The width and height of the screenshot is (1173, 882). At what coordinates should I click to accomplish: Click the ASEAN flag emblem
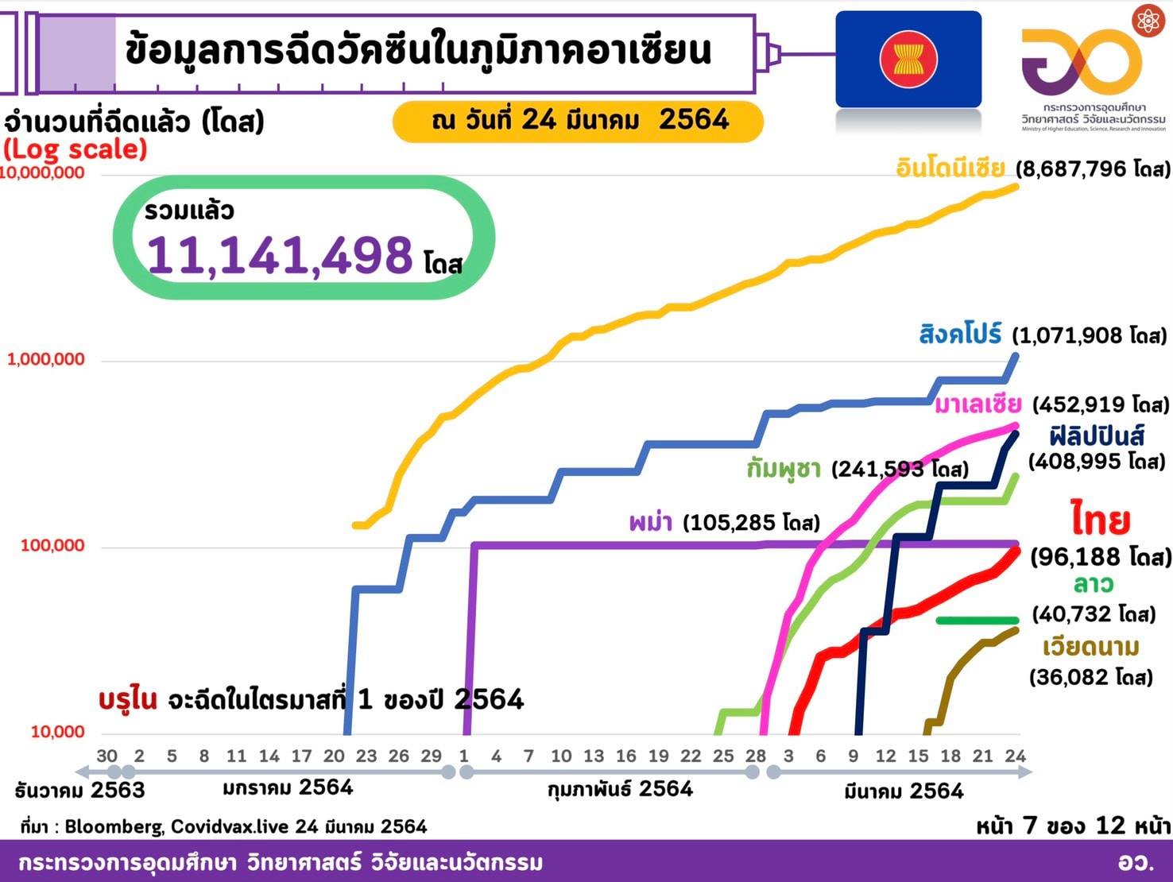(x=908, y=60)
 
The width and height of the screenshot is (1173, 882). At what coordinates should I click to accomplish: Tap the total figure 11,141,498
(x=280, y=255)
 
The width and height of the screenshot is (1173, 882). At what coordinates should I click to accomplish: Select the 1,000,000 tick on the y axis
(x=46, y=359)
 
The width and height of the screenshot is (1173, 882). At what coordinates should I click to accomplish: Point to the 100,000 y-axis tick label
(x=52, y=546)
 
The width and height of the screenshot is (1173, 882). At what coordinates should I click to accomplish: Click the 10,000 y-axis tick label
(x=57, y=732)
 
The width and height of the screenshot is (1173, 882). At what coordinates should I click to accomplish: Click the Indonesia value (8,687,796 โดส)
(x=1093, y=169)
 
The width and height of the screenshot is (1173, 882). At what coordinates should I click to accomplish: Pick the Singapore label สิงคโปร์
(x=960, y=334)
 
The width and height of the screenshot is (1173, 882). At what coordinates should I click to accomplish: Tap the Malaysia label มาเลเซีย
(x=977, y=404)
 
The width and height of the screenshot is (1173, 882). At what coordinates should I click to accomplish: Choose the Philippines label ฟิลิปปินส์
(x=1096, y=435)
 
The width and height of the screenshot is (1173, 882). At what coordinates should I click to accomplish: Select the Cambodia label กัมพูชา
(x=784, y=469)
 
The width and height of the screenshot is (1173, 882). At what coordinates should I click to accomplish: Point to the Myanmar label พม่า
(x=650, y=522)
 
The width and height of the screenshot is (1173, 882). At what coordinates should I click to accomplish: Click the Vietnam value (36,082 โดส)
(x=1090, y=677)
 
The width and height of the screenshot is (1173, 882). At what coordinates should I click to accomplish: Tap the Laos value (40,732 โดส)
(x=1094, y=614)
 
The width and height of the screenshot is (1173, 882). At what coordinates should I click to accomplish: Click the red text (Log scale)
(x=75, y=149)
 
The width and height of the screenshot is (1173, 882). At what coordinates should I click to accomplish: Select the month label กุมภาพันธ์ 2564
(x=620, y=789)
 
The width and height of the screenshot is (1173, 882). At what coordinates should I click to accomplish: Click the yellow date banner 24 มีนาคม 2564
(x=579, y=121)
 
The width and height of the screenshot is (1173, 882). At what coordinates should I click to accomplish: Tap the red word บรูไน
(x=127, y=699)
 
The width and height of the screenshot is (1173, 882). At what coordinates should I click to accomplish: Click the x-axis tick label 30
(x=106, y=756)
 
